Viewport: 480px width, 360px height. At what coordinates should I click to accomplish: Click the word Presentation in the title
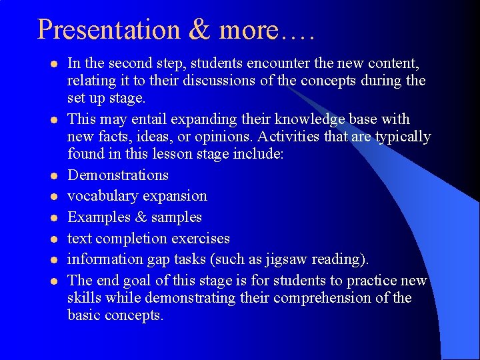[x=108, y=30]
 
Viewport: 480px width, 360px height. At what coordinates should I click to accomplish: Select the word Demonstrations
[x=118, y=175]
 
